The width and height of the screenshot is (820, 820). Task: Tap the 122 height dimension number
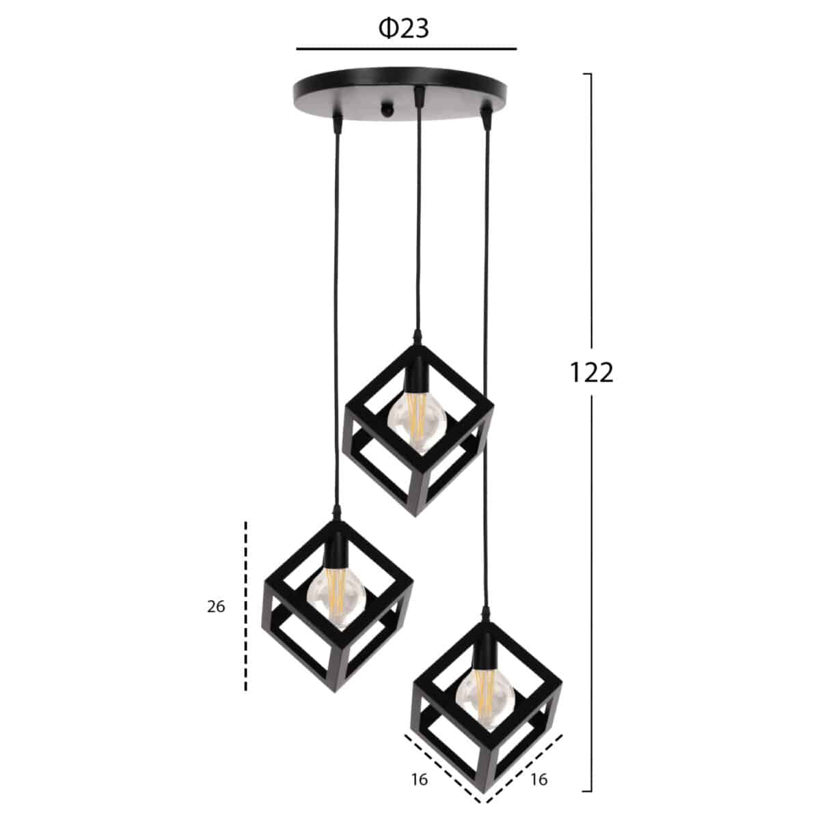coord(591,372)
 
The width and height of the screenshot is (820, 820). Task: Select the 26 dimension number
coord(216,606)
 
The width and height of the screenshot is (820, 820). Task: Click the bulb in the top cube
coord(417,422)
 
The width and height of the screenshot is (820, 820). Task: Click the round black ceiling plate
coord(400,93)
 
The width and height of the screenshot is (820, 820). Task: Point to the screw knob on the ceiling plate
coord(387,109)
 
